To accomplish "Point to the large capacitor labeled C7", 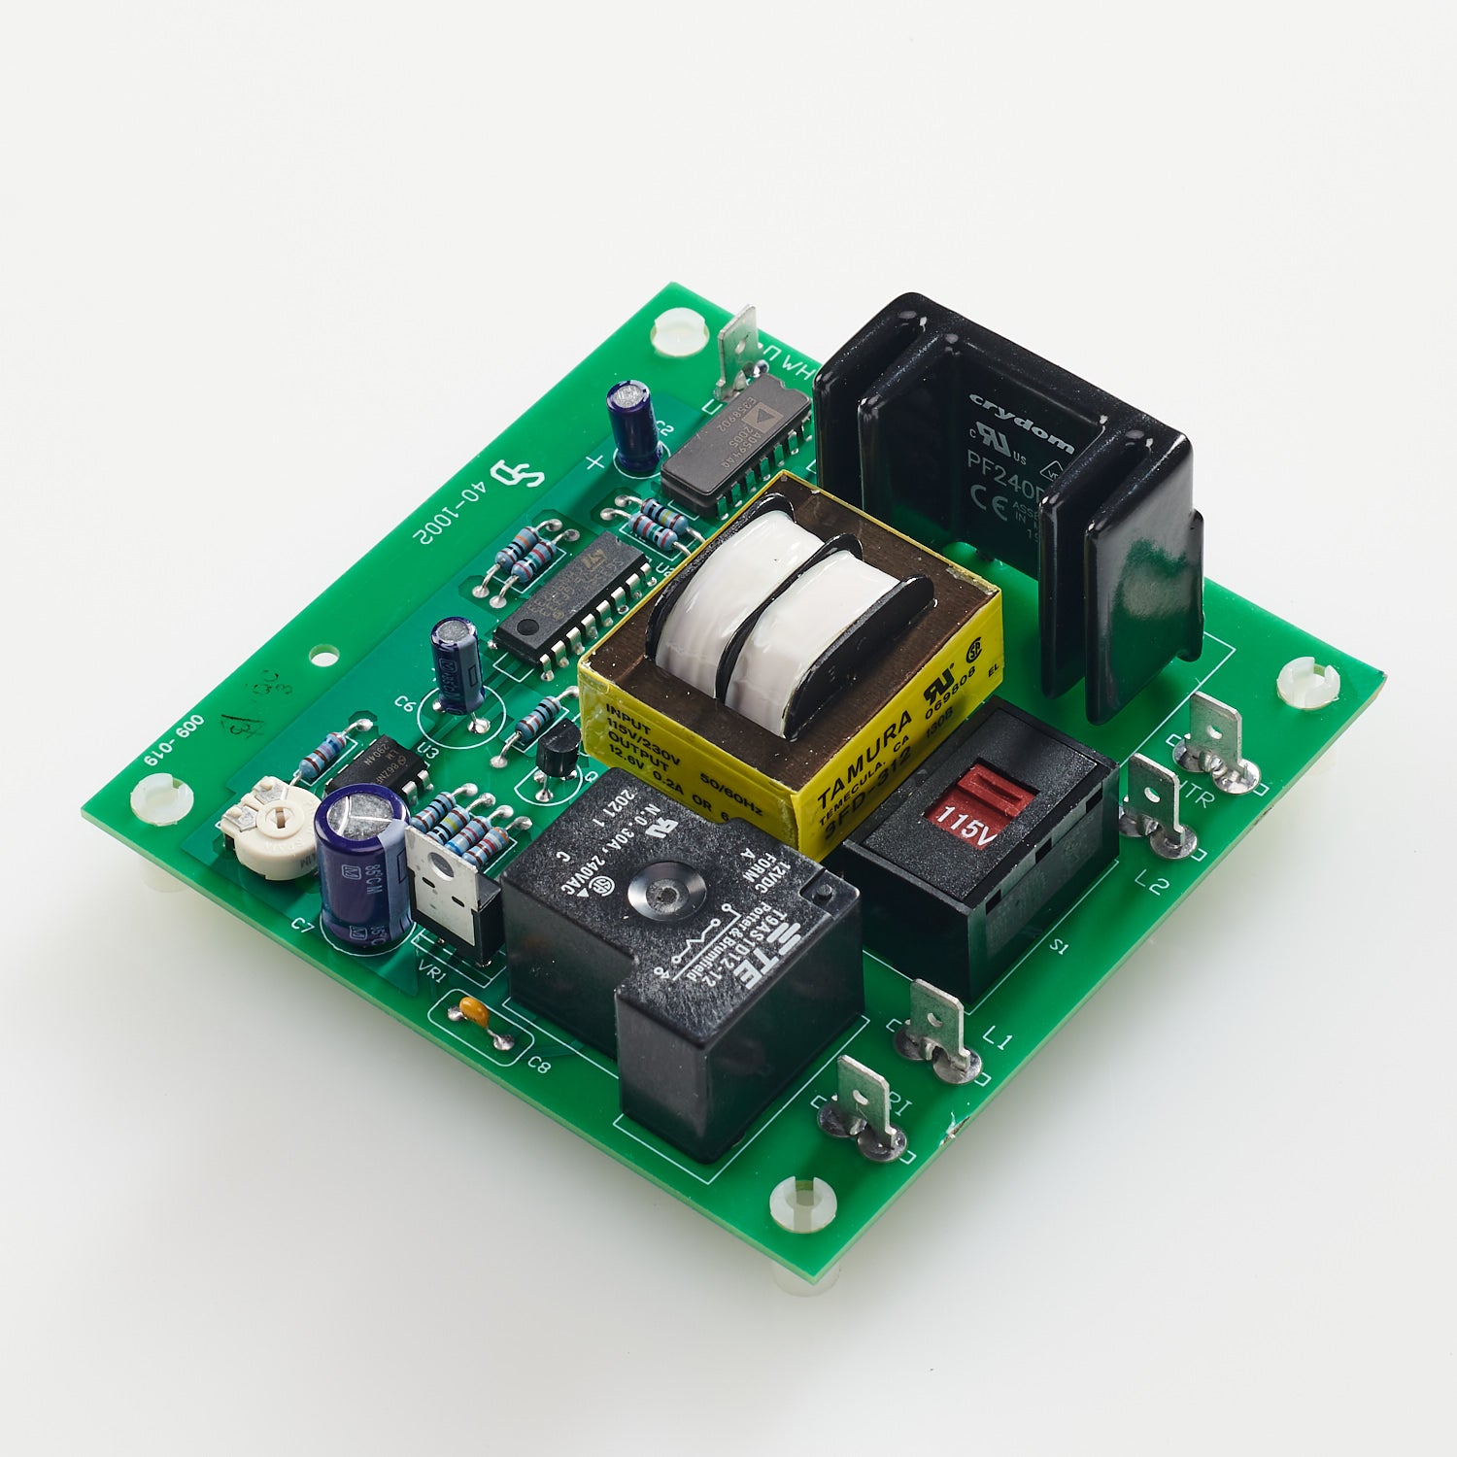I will [x=361, y=864].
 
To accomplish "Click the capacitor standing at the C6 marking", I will [x=457, y=665].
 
